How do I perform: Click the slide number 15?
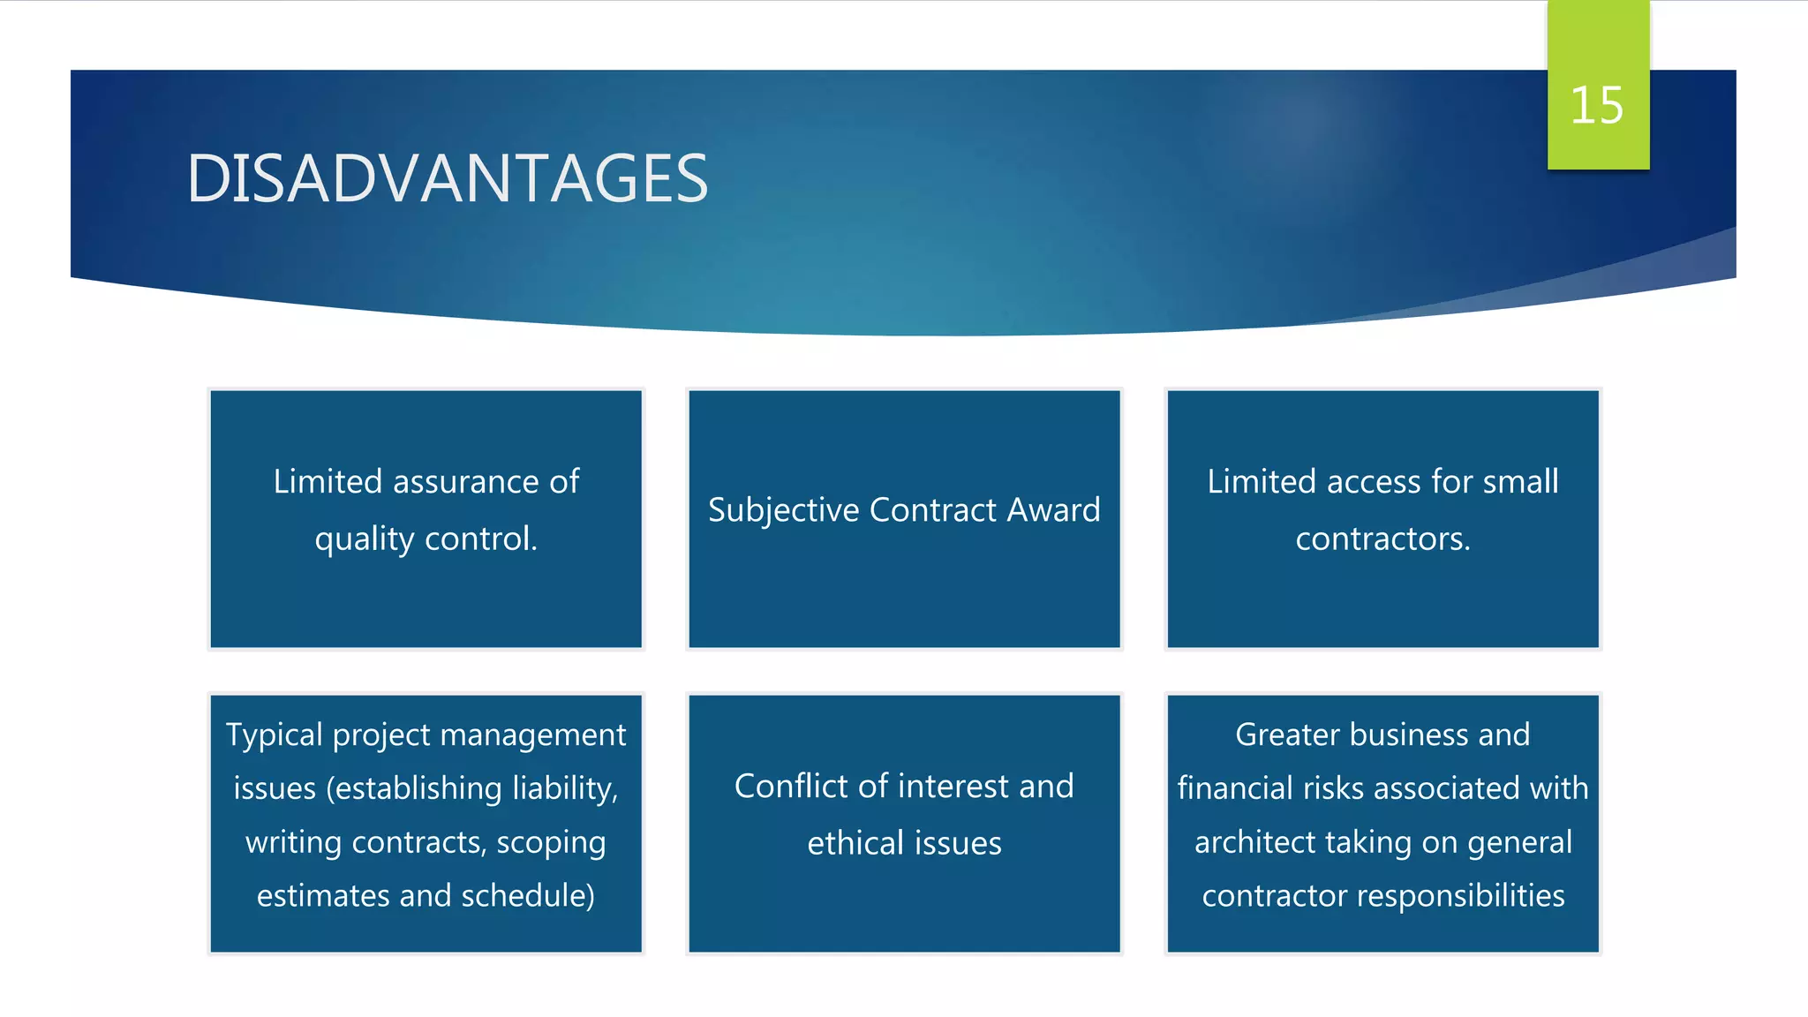[1597, 106]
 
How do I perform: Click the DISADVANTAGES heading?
[447, 179]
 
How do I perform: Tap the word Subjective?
[783, 510]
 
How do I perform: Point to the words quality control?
[426, 539]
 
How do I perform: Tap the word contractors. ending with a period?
[1382, 539]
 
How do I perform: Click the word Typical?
[274, 735]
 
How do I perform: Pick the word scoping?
[551, 843]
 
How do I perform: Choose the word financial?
[1235, 788]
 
